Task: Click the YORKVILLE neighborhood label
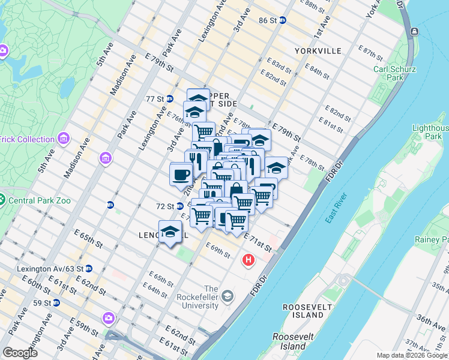click(x=318, y=51)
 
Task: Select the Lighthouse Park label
click(x=430, y=132)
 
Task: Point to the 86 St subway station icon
click(x=282, y=20)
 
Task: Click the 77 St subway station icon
click(x=170, y=98)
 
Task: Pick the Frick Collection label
click(x=27, y=139)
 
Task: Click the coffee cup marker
click(x=181, y=174)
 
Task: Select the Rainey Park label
click(x=431, y=240)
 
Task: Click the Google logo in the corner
click(x=20, y=352)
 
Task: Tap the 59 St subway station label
click(x=42, y=303)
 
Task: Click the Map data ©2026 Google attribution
click(x=412, y=355)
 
